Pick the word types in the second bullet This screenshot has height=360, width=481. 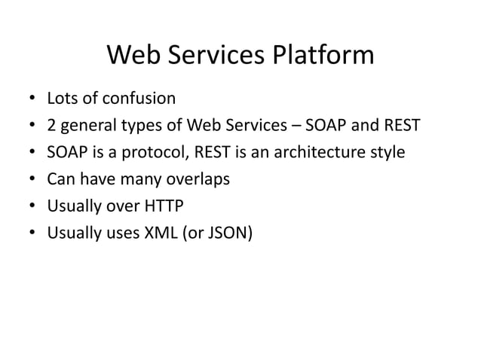point(141,125)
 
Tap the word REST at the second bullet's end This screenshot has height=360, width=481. point(398,125)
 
